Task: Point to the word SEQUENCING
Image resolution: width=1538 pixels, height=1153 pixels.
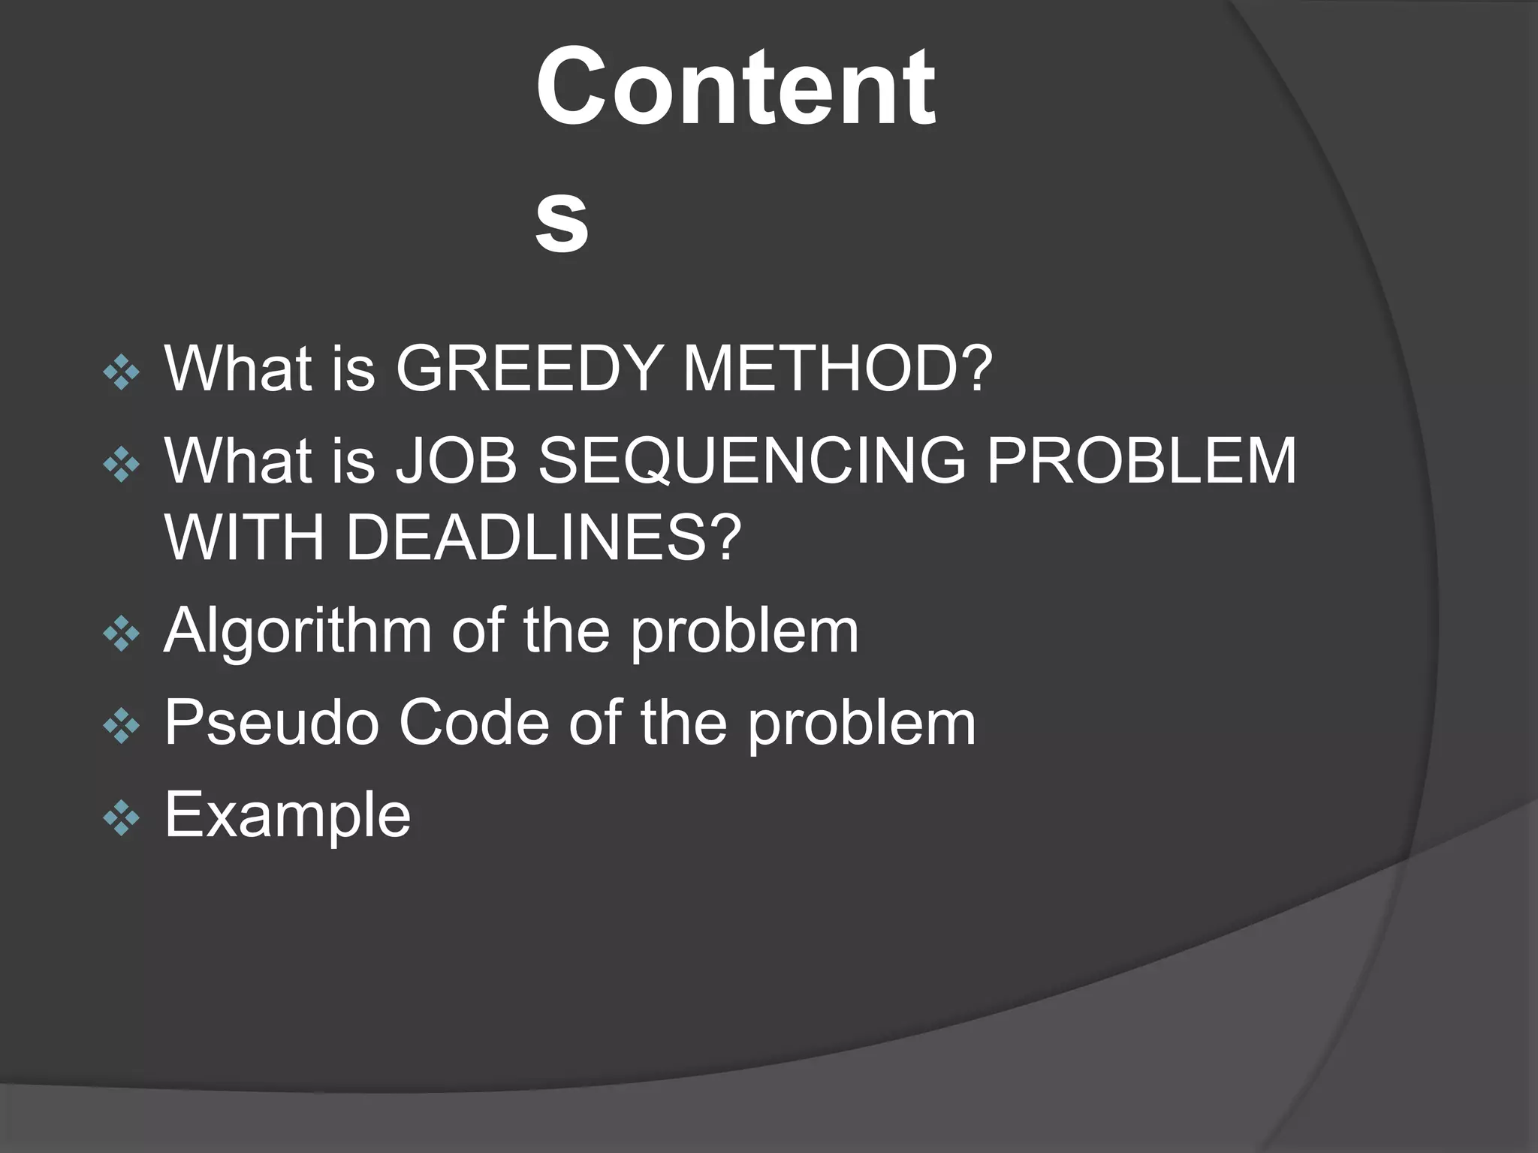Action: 752,460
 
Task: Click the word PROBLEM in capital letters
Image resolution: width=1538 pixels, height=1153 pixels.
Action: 1141,460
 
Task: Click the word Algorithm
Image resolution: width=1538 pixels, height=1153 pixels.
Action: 297,631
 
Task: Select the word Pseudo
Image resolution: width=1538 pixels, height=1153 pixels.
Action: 271,723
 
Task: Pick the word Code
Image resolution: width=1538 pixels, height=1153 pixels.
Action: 474,723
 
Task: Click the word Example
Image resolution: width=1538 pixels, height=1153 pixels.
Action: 288,815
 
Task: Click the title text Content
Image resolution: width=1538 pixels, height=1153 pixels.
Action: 735,87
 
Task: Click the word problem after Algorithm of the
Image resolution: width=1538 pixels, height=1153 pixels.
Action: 744,631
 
